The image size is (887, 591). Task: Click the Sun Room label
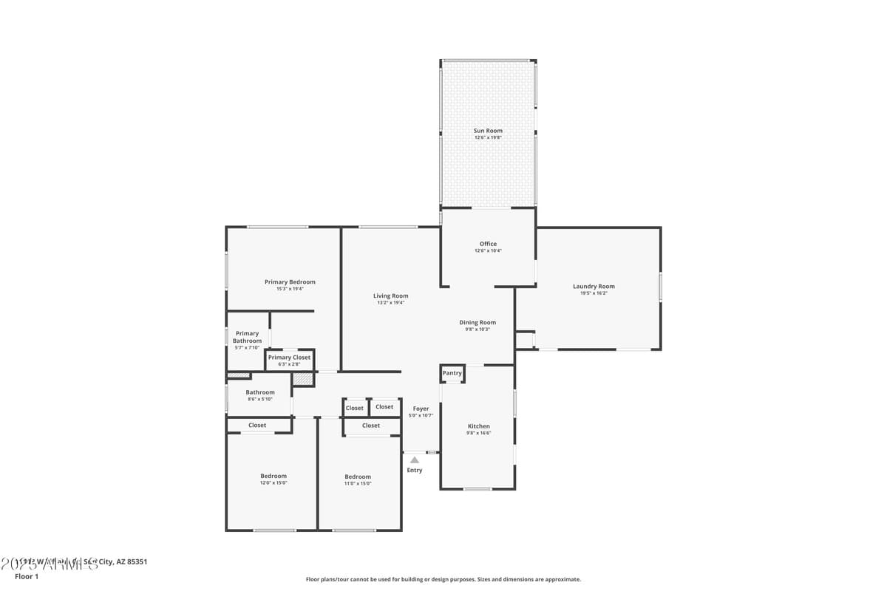point(488,131)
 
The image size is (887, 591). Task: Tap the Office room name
point(488,244)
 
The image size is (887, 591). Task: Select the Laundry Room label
point(594,287)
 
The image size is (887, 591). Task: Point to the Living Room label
point(390,296)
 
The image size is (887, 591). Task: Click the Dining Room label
point(478,322)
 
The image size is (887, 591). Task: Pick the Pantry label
point(452,373)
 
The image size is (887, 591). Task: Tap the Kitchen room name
point(478,426)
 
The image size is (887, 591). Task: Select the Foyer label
point(421,409)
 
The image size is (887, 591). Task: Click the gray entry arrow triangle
point(415,460)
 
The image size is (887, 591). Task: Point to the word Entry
point(415,471)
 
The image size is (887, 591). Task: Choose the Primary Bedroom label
point(290,281)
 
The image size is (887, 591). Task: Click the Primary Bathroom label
point(247,337)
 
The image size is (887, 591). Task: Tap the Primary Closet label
point(289,358)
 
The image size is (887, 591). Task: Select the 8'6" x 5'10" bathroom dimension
point(259,399)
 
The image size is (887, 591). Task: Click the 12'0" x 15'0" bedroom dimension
point(273,483)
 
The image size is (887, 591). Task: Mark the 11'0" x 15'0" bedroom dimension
point(357,484)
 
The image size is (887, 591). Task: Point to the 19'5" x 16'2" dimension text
point(594,293)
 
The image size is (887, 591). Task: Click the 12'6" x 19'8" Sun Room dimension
point(488,137)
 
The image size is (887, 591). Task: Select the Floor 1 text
point(26,576)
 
